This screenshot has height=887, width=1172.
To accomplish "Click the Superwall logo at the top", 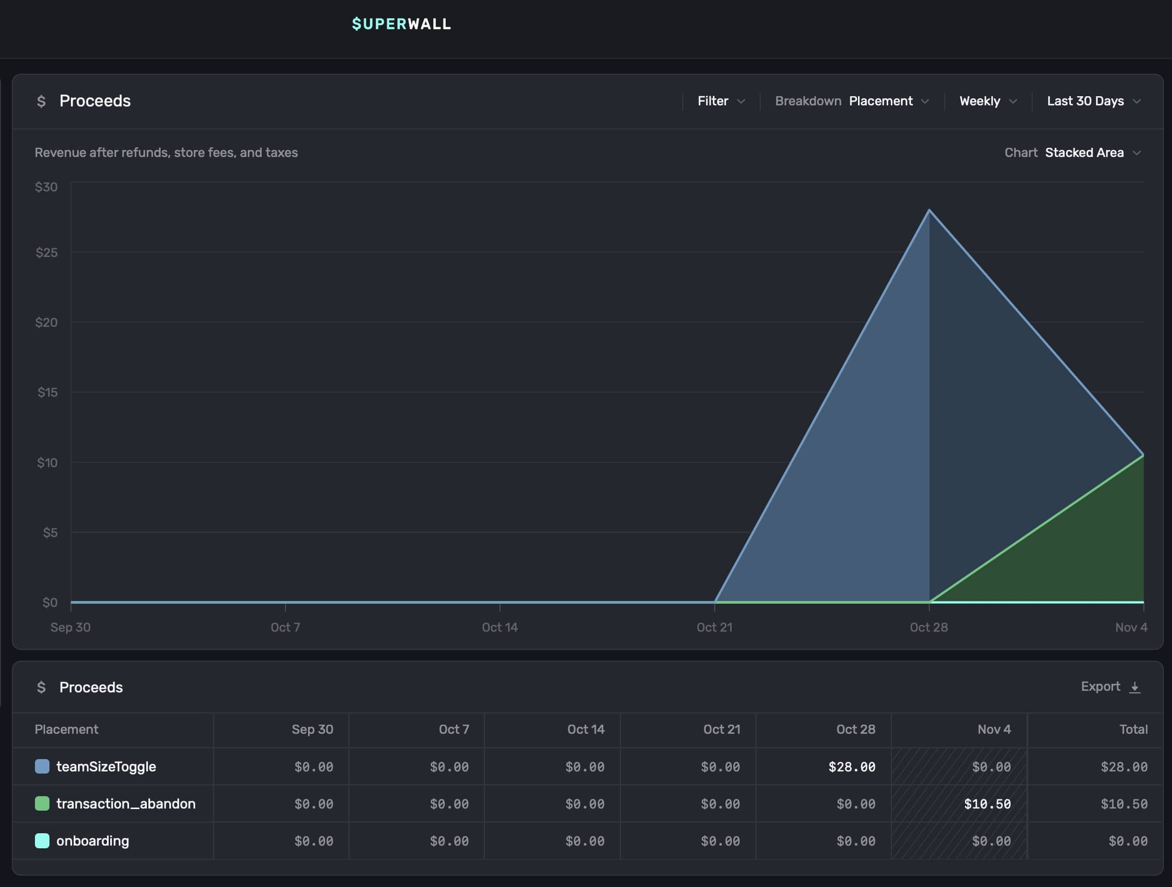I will tap(401, 24).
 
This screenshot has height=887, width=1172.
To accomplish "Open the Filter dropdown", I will tap(721, 101).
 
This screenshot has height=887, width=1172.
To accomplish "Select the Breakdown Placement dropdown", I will tap(888, 101).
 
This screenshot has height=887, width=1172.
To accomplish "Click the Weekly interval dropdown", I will tap(988, 101).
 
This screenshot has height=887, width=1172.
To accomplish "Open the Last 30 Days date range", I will tap(1093, 101).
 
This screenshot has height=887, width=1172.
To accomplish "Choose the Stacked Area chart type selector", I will tap(1092, 153).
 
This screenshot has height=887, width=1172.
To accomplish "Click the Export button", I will tap(1110, 687).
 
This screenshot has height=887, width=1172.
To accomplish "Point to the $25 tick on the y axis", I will tap(47, 253).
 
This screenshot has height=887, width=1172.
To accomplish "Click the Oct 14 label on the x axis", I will tap(499, 627).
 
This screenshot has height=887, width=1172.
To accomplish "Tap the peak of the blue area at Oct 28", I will tap(929, 210).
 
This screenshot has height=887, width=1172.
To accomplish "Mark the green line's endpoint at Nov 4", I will tap(1143, 455).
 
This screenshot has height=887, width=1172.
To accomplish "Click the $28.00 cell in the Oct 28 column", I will tap(852, 767).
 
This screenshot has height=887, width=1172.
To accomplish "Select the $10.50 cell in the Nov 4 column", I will tap(987, 804).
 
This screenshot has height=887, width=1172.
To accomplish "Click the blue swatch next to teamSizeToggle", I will tap(42, 767).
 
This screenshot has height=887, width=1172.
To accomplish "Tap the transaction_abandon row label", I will tap(126, 804).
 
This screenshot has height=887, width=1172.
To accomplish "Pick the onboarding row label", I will tap(92, 841).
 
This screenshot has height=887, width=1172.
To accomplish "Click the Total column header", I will tap(1133, 729).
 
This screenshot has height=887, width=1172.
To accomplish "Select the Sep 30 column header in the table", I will tap(312, 729).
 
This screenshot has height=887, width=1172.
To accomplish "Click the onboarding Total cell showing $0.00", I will tap(1128, 841).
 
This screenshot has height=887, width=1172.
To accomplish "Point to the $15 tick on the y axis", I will tap(47, 392).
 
